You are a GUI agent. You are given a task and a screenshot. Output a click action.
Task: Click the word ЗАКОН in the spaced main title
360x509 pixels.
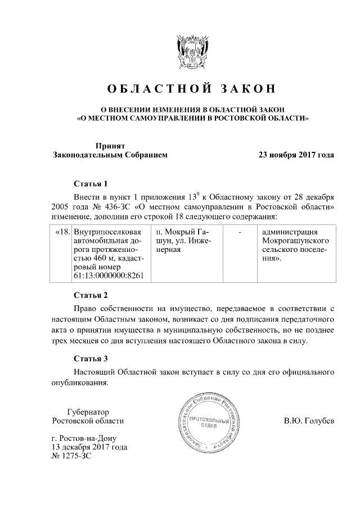pos(248,89)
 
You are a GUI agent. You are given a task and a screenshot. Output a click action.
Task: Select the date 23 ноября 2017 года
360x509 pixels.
pos(296,155)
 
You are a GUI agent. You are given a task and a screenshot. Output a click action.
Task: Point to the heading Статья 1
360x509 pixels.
pos(91,184)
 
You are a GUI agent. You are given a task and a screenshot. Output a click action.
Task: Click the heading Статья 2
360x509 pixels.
pos(91,295)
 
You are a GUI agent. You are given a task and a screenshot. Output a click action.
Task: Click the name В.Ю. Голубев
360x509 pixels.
pos(309,421)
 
